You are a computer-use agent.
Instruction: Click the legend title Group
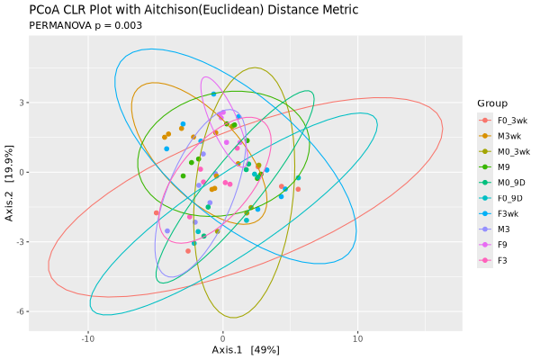tap(493, 103)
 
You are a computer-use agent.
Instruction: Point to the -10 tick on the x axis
tap(88, 339)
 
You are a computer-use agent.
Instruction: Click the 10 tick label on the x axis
tap(357, 339)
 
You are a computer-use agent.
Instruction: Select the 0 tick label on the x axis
tap(223, 339)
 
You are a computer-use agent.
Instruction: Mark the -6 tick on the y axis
tap(20, 311)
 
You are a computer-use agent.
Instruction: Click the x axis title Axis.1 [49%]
tap(246, 350)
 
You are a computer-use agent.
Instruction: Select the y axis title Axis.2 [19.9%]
tap(9, 183)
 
